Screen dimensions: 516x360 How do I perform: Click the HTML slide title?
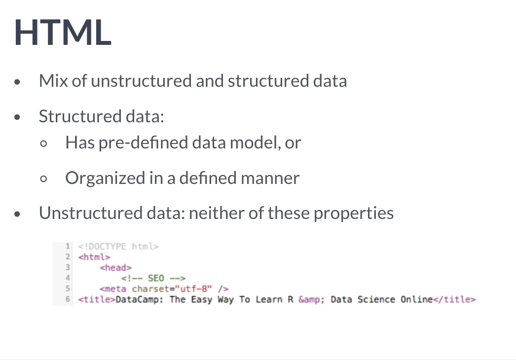pyautogui.click(x=63, y=33)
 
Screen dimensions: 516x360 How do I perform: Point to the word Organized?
pyautogui.click(x=103, y=178)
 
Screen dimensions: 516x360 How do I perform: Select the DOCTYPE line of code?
pyautogui.click(x=118, y=247)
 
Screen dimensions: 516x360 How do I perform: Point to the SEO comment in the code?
pyautogui.click(x=152, y=279)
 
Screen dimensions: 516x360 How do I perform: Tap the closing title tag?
pyautogui.click(x=454, y=299)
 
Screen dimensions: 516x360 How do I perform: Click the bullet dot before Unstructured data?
pyautogui.click(x=18, y=215)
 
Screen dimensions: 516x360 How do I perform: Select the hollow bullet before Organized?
pyautogui.click(x=44, y=180)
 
